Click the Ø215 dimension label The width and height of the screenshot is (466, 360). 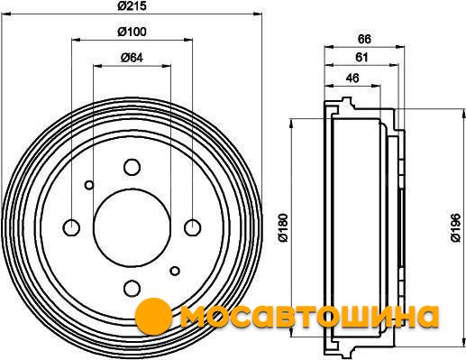(132, 5)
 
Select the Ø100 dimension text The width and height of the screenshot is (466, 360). (132, 32)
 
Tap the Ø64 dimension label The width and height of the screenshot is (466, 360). (132, 58)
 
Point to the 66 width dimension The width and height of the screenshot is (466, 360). (364, 39)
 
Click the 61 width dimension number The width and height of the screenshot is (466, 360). (361, 57)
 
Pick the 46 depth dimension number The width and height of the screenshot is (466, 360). (352, 78)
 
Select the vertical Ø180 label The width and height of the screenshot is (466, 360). (283, 227)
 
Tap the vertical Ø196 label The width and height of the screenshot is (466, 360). (455, 227)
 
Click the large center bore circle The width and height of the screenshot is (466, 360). (132, 227)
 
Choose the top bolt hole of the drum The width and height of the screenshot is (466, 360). (132, 167)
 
